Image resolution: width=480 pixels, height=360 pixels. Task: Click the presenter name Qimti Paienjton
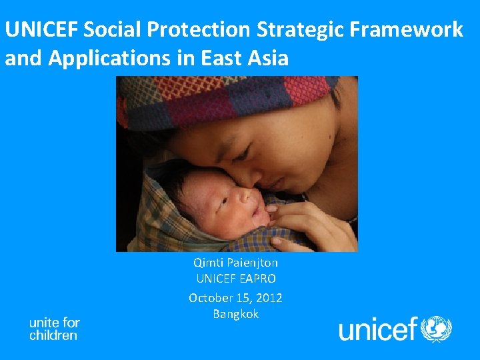235,263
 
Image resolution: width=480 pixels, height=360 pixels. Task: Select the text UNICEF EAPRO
235,279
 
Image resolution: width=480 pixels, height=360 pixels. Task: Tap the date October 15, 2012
235,297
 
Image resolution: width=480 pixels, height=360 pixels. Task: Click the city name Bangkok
235,314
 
